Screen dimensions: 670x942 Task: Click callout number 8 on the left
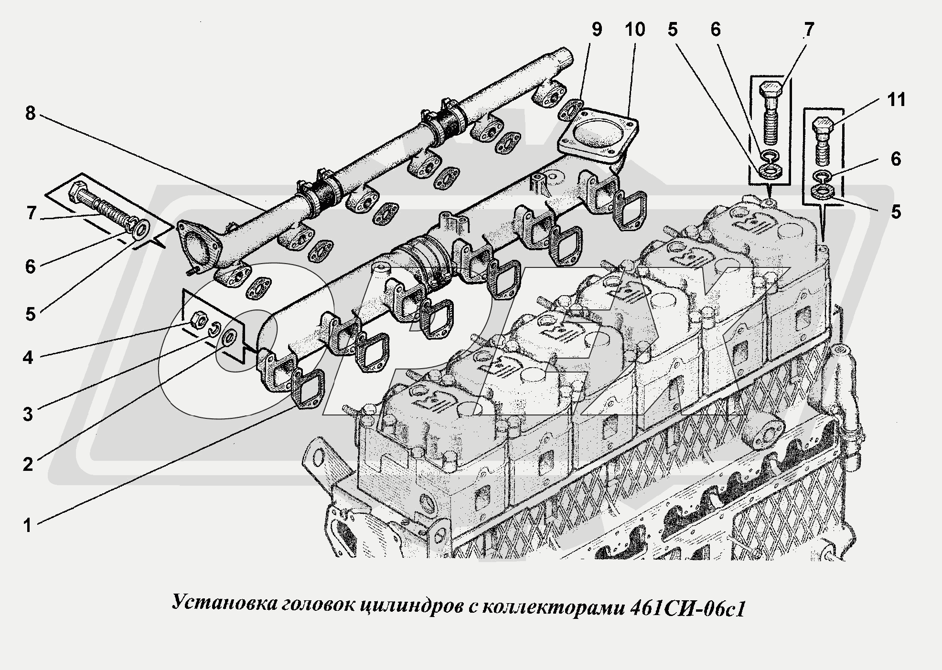pos(30,114)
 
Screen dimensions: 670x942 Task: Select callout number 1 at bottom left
pos(28,526)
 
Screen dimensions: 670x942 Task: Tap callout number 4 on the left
pos(28,357)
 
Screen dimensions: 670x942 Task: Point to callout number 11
pos(896,101)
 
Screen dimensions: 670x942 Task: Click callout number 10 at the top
pos(634,30)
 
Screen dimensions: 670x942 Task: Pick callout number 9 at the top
pos(596,30)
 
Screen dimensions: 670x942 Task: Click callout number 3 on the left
pos(28,414)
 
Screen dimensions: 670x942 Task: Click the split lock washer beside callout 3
pos(215,329)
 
